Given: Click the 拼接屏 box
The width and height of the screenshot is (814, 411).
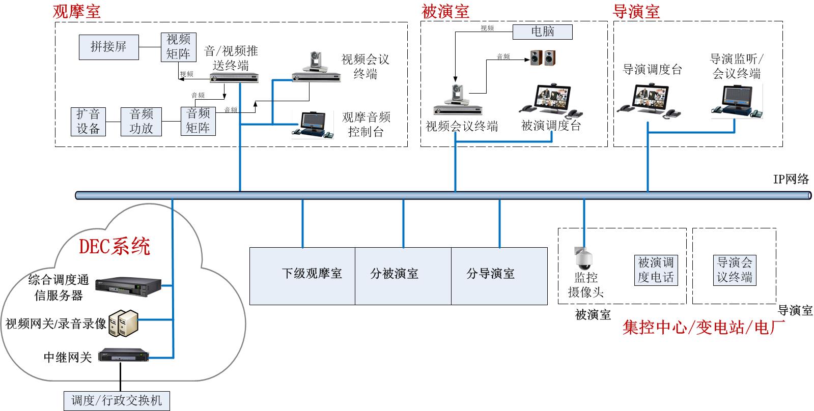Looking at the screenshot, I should click(108, 47).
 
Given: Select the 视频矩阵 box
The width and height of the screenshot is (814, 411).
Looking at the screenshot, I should click(178, 47).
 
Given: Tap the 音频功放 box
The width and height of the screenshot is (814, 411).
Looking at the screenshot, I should click(141, 121).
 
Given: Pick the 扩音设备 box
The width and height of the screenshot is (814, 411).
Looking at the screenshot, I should click(88, 121).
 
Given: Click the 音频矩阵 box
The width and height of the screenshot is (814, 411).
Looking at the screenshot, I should click(198, 121).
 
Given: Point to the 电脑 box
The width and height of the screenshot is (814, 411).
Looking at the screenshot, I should click(542, 32).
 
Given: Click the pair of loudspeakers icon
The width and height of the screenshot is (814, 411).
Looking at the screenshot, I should click(543, 57).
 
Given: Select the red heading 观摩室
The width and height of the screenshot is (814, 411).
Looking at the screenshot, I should click(76, 11).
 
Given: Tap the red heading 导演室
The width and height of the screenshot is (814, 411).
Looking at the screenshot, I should click(636, 11).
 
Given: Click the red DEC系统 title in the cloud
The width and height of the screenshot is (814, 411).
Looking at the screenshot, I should click(115, 247).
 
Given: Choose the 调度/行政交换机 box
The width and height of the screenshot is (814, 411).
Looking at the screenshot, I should click(117, 401).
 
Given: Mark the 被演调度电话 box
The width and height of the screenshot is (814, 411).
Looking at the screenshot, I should click(656, 270).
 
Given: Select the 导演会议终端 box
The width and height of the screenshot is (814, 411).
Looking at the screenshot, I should click(734, 270).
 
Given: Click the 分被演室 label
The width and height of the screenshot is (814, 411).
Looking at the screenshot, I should click(394, 274).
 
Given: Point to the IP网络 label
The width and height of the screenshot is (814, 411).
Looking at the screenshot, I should click(791, 179).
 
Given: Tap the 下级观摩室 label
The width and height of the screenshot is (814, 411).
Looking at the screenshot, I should click(312, 274).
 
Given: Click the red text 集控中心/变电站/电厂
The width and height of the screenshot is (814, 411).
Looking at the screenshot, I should click(703, 327).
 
